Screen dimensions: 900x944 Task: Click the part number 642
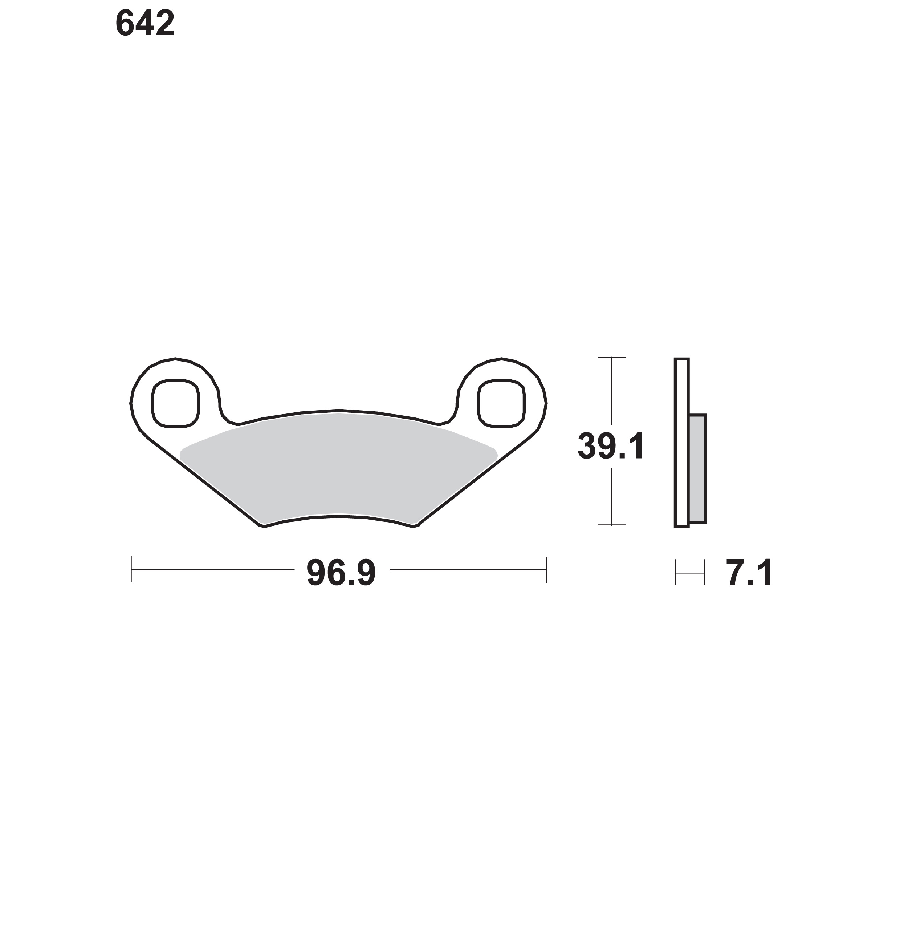point(145,24)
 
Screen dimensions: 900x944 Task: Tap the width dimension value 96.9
point(341,573)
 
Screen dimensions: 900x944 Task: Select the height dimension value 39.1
point(611,446)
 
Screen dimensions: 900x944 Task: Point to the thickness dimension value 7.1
point(749,573)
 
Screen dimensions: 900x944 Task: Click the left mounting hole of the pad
point(176,403)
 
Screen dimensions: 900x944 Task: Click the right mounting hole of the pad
point(501,403)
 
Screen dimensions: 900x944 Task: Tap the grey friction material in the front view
point(339,468)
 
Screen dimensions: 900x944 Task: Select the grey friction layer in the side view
point(697,469)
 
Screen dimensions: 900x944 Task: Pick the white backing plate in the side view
point(682,443)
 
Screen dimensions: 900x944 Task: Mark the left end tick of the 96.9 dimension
point(131,569)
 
